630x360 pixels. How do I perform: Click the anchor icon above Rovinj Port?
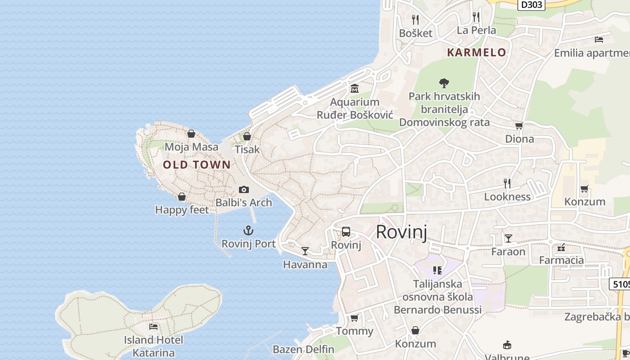tap(248, 231)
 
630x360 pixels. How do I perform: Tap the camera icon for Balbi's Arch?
tap(243, 189)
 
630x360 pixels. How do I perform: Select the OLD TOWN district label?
tap(197, 165)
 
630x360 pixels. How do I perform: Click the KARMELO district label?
tap(477, 52)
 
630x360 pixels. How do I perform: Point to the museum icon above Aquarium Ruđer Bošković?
tap(354, 88)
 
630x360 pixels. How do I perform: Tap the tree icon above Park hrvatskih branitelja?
tap(444, 83)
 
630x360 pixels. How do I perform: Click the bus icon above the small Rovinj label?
tap(346, 232)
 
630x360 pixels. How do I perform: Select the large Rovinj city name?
tap(401, 232)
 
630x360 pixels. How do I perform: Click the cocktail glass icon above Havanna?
tap(305, 251)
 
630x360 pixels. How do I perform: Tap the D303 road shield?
tap(531, 4)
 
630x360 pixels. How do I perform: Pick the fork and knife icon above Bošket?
tap(415, 19)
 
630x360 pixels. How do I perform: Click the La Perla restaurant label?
tap(476, 30)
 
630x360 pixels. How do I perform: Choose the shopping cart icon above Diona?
tap(519, 126)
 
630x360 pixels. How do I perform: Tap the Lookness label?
tap(507, 197)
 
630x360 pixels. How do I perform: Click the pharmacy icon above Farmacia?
tap(561, 247)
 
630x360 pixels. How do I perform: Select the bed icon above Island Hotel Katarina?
tap(153, 326)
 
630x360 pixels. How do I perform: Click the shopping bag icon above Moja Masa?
tap(191, 134)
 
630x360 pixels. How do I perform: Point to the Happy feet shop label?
tap(182, 210)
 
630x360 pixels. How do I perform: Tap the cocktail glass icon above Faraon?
tap(508, 238)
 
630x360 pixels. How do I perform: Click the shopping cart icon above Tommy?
tap(354, 318)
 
